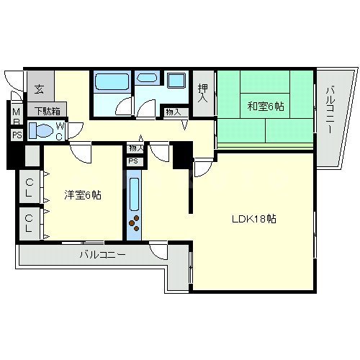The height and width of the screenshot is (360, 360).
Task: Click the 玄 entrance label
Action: (38, 89)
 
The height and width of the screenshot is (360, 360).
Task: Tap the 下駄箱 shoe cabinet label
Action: (47, 111)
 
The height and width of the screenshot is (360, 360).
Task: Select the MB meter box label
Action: (16, 116)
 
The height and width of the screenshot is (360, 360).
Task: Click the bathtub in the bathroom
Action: (111, 81)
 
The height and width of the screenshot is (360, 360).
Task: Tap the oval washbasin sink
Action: (148, 78)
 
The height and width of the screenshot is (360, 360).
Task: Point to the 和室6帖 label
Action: (266, 107)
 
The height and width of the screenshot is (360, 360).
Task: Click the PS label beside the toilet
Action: (16, 135)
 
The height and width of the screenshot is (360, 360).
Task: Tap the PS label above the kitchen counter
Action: (133, 161)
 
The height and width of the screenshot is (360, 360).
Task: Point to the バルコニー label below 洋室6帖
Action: (102, 254)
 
